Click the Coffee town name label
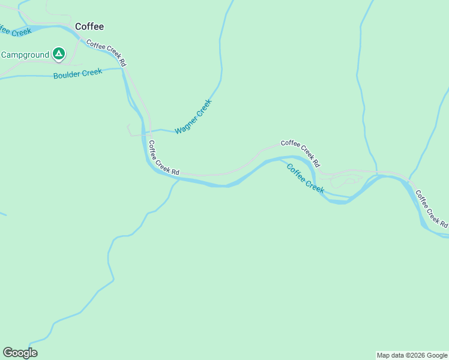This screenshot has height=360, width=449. (x=89, y=26)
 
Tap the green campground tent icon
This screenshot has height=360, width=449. (x=58, y=55)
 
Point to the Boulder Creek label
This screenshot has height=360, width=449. (x=77, y=74)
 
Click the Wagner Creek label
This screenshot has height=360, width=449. (x=193, y=116)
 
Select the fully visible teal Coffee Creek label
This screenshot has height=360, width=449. (x=305, y=178)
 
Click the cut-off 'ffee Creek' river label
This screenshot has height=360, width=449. (x=14, y=30)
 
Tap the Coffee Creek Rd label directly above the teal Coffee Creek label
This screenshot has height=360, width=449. (x=300, y=153)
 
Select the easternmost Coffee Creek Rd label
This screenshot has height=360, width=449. (x=431, y=209)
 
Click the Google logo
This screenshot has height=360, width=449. (x=20, y=353)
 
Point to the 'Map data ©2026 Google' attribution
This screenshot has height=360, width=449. (x=412, y=355)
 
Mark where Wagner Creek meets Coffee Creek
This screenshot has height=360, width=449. (x=143, y=131)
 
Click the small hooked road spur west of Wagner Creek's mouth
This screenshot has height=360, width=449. (x=130, y=130)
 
